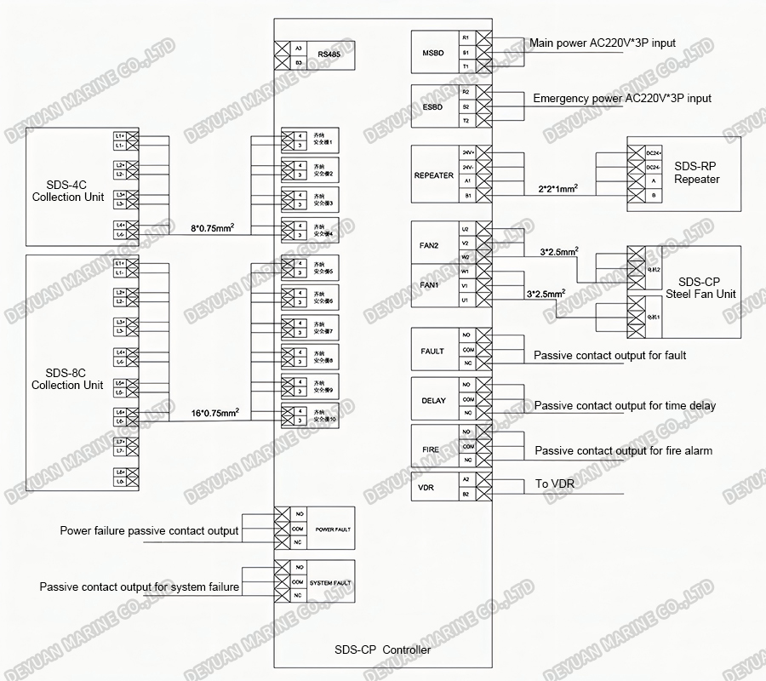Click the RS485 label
[327, 55]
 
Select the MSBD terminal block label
[433, 53]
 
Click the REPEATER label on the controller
[434, 175]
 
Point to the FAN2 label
[429, 245]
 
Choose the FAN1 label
[429, 285]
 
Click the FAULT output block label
[432, 351]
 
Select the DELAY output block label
[433, 400]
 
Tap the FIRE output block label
[431, 449]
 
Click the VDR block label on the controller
[427, 488]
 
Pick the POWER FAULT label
[332, 529]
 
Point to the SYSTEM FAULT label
[330, 583]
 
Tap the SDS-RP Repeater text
[696, 174]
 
